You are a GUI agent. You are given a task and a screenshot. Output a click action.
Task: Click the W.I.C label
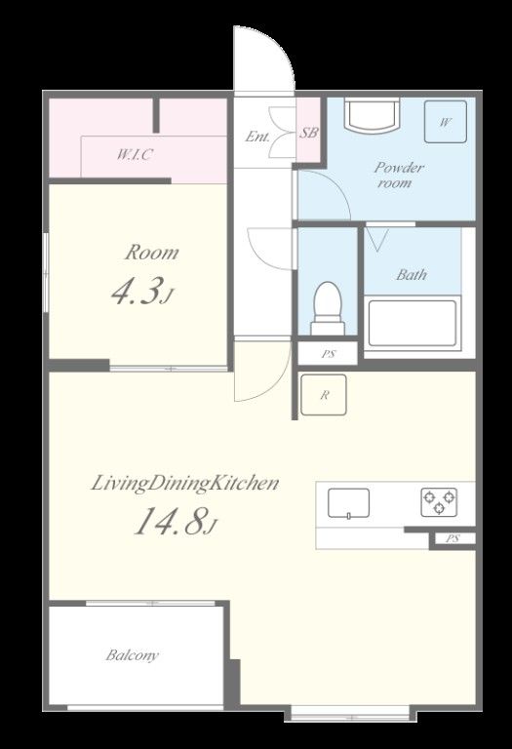coord(136,155)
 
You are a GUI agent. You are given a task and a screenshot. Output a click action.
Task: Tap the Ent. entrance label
coord(257,137)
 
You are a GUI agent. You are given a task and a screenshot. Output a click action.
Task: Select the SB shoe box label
coord(308,133)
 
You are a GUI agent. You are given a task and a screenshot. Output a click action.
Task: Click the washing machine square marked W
coord(446,122)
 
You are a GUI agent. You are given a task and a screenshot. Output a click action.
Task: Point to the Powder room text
coord(398,175)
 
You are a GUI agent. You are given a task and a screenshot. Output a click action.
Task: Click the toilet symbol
coord(328,308)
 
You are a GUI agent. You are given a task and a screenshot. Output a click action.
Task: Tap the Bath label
coord(412,275)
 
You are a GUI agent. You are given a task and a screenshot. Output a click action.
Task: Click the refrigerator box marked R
coord(324,395)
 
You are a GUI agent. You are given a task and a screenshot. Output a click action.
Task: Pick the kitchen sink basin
coord(349,503)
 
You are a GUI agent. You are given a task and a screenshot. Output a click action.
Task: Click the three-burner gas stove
coord(439,502)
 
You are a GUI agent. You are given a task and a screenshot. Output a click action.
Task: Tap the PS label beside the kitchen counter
coord(453,538)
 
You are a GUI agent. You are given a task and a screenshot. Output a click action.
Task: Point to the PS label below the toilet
coord(328,354)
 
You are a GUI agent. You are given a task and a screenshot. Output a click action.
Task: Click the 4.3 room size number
coord(137,291)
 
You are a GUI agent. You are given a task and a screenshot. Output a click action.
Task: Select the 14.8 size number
coord(172,521)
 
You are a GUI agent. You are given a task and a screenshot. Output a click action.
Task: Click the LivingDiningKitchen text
coord(185,484)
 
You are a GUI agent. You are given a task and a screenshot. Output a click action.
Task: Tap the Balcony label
coord(133,655)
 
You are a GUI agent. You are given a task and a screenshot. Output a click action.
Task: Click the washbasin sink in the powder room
coord(373,115)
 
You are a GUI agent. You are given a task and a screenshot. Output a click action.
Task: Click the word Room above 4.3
coord(152,253)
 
